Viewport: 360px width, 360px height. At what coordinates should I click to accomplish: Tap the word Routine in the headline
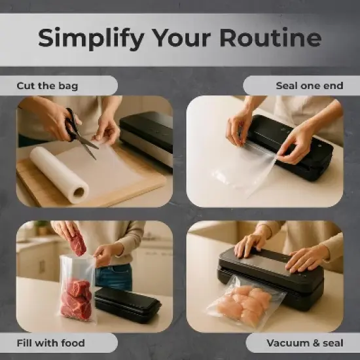pos(270,38)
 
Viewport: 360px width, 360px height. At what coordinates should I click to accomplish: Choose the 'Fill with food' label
pos(50,342)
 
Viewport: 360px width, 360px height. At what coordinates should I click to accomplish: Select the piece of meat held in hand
pos(78,244)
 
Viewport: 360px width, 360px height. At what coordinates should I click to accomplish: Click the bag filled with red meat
pos(76,295)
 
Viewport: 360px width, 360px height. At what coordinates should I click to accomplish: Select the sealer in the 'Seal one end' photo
pos(295,144)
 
